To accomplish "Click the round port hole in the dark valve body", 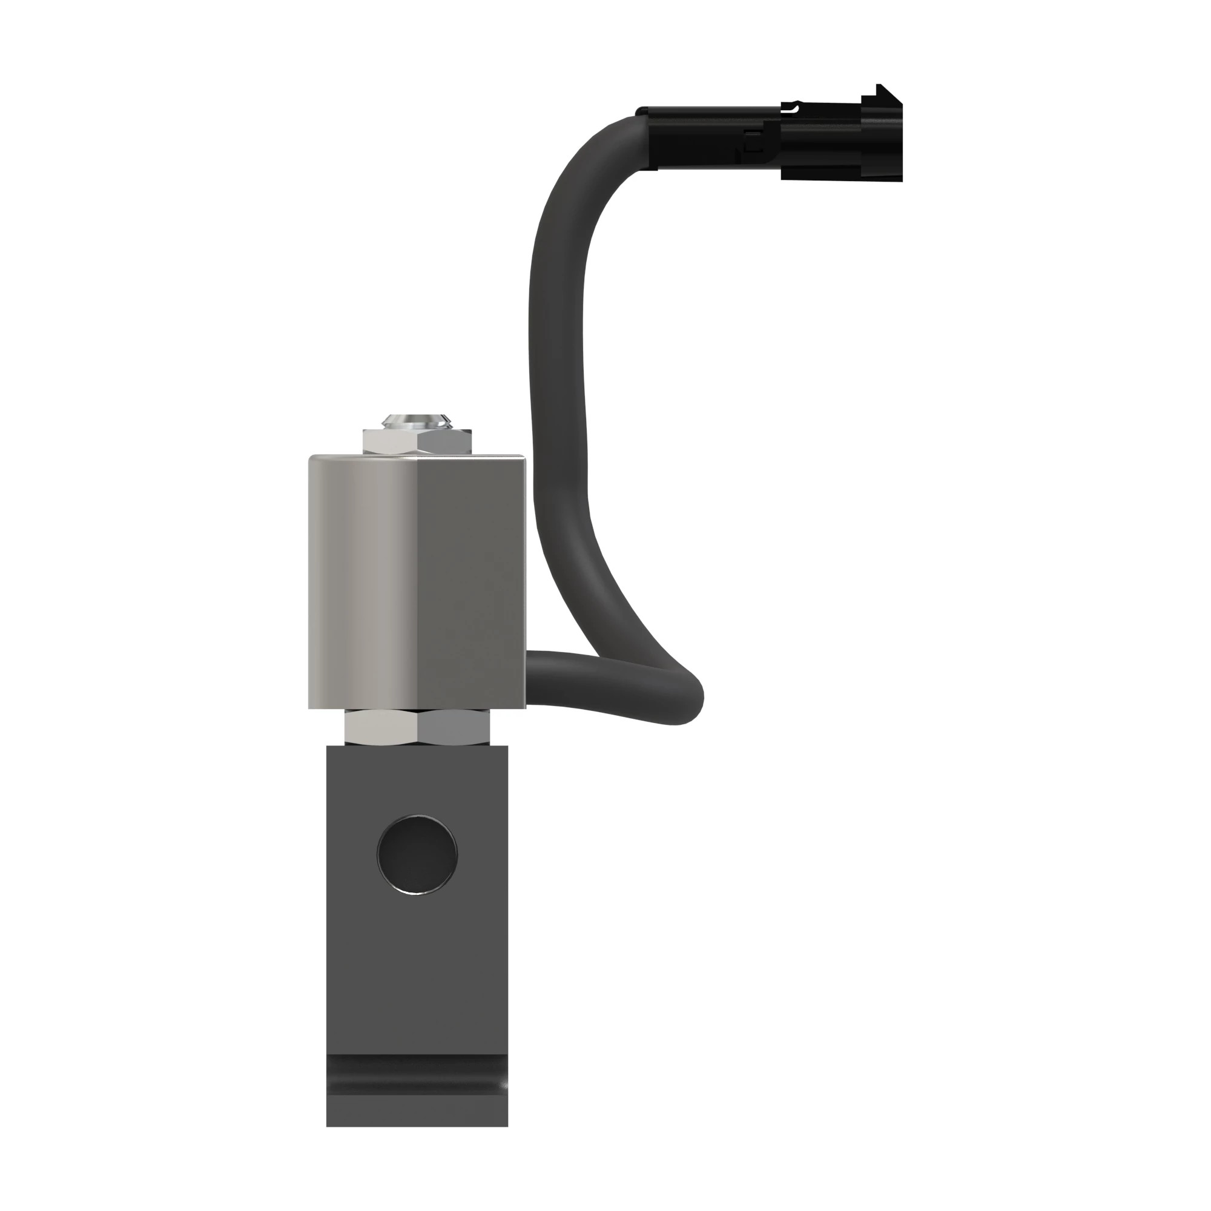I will [x=417, y=854].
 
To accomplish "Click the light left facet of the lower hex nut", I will [x=381, y=727].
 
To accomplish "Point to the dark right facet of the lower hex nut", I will [x=452, y=727].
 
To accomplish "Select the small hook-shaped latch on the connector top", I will [x=794, y=108].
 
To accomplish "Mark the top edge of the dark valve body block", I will [x=417, y=747].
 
